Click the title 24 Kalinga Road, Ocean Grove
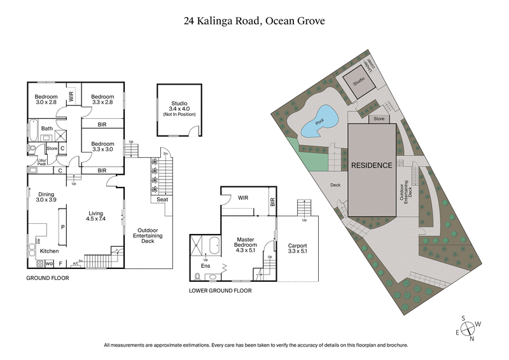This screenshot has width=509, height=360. (254, 21)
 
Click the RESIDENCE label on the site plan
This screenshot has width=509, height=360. (372, 165)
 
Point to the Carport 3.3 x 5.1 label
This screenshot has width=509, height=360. (298, 247)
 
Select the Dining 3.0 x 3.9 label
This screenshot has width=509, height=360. (46, 197)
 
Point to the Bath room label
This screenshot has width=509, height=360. (47, 128)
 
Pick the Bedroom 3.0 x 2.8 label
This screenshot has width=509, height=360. (46, 99)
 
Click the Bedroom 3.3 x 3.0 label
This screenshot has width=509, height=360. (102, 147)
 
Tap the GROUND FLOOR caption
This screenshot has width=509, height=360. (47, 278)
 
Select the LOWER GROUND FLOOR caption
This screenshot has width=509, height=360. (220, 290)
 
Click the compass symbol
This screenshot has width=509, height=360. (469, 328)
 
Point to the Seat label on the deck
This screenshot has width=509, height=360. (162, 200)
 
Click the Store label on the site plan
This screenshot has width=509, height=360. (379, 118)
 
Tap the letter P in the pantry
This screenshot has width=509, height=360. (63, 226)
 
